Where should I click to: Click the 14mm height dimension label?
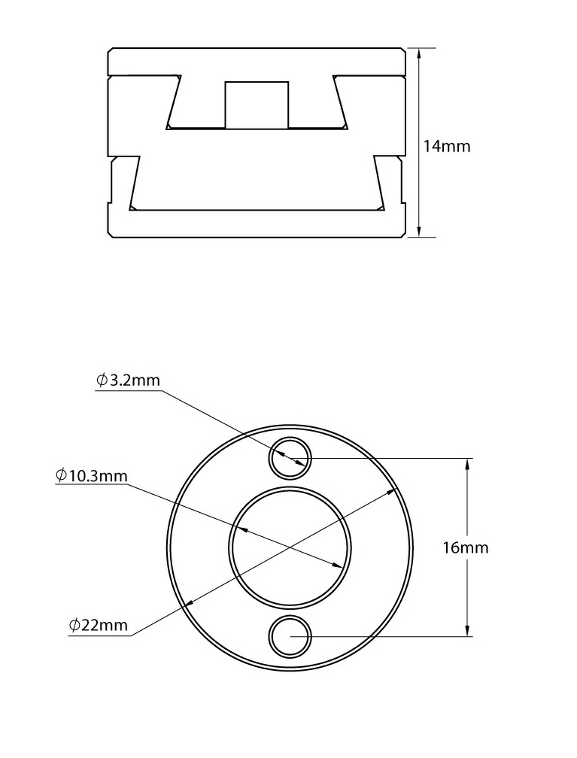447,146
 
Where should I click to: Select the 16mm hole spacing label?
466,547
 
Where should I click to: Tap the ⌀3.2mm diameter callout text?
128,380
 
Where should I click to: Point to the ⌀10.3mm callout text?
92,476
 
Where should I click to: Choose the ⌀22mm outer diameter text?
99,625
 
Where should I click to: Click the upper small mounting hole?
290,458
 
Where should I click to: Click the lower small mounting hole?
290,637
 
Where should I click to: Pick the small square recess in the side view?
257,105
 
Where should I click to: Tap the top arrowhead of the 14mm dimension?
419,53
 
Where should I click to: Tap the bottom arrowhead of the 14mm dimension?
419,232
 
